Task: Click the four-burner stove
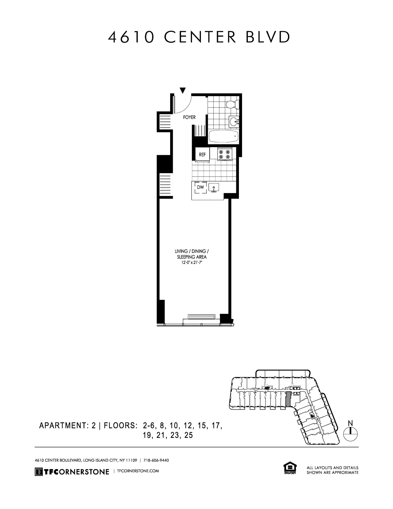pos(224,154)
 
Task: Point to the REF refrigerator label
pos(202,155)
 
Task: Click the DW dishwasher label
pos(200,187)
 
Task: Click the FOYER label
pos(189,118)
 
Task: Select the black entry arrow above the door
pos(183,90)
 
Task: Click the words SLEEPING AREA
pos(192,257)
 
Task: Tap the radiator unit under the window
pos(201,317)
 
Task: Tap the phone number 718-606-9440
pos(156,460)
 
